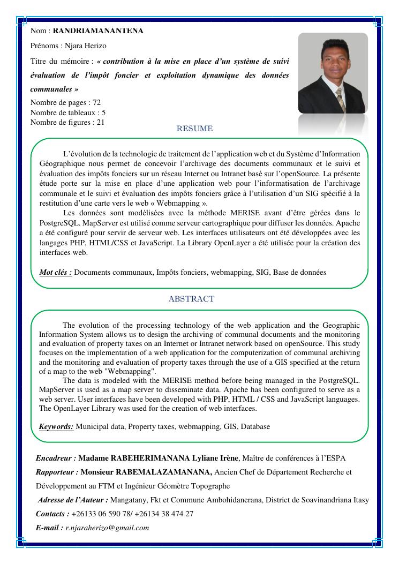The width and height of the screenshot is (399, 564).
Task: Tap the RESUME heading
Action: tap(194, 129)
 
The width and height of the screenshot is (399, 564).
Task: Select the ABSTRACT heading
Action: tap(191, 299)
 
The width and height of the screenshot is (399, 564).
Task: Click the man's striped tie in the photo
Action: tap(340, 99)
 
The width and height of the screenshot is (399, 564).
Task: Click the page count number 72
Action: tap(96, 102)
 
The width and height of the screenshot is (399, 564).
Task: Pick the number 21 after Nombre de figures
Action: tap(100, 122)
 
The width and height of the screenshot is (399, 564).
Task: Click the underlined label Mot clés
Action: tap(56, 272)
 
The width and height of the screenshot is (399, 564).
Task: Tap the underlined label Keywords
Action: tap(56, 426)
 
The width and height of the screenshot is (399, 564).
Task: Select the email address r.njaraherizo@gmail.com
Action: tap(107, 528)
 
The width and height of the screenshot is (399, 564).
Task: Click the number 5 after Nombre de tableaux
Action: tap(103, 112)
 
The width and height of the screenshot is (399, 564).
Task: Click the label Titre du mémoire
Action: tap(62, 61)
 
